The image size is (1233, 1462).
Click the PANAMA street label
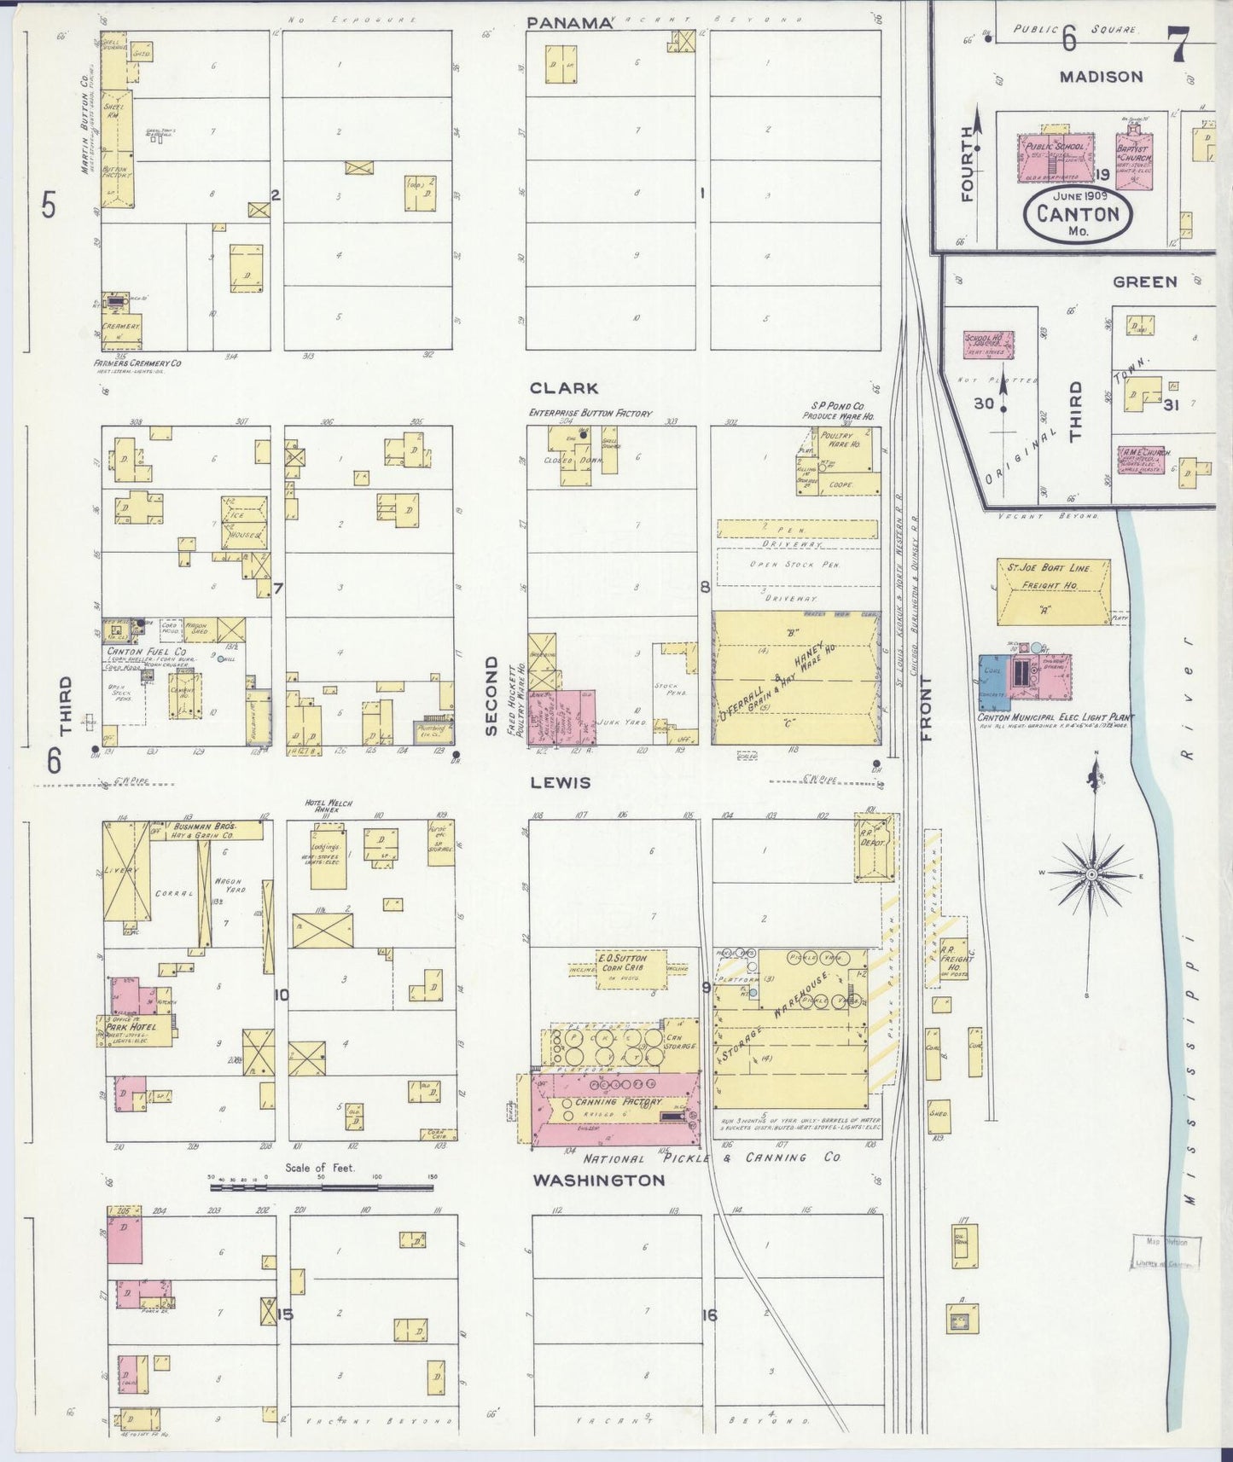click(570, 23)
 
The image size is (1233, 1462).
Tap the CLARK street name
click(564, 388)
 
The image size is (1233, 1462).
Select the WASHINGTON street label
click(599, 1181)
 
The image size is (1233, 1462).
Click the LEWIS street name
click(560, 782)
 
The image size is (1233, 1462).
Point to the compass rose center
click(1091, 875)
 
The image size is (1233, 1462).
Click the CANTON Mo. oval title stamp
click(1078, 214)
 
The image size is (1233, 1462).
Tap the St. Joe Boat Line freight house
click(1054, 591)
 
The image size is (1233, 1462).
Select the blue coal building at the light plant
click(992, 682)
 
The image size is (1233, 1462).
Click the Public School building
click(1056, 156)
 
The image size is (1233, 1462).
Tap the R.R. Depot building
click(875, 846)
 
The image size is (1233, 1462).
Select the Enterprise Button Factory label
click(590, 413)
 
